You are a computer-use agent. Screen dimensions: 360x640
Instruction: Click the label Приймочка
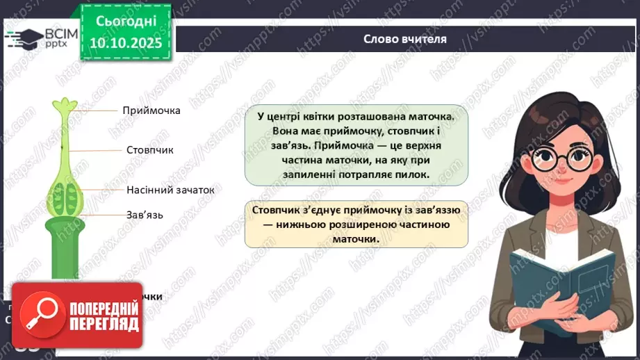(151, 111)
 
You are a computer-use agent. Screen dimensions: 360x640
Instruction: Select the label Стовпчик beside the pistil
(149, 150)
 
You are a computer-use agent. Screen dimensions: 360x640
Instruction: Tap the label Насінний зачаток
(170, 190)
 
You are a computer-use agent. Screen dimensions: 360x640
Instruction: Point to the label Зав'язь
(145, 215)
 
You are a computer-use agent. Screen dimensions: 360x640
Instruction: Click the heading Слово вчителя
(405, 39)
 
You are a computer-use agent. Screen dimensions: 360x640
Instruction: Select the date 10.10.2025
(125, 43)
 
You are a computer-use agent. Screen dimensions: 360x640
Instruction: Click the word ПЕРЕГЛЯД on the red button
(104, 324)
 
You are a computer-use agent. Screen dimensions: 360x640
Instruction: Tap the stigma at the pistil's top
(64, 107)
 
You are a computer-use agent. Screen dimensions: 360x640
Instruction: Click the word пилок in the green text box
(414, 175)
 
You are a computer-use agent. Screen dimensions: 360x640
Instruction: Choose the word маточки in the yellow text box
(356, 238)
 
